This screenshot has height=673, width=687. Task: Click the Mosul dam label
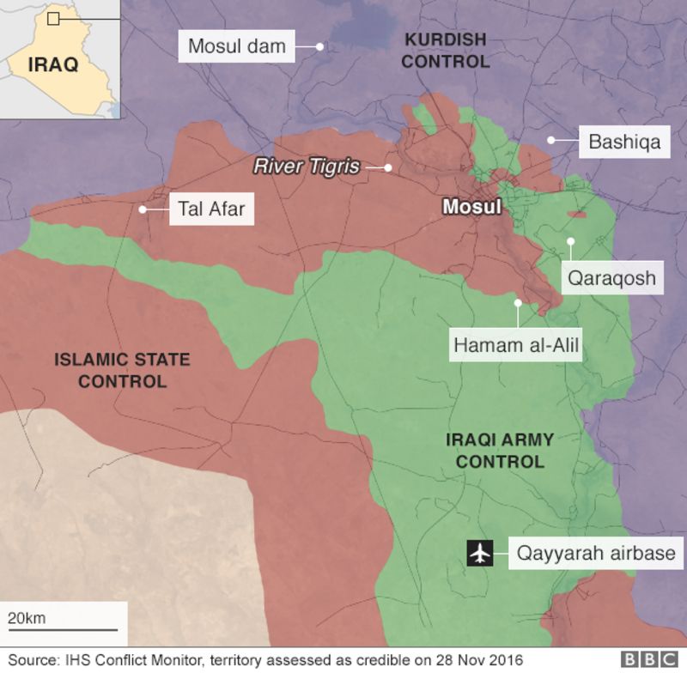pos(236,46)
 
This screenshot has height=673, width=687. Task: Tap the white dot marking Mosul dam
pos(319,46)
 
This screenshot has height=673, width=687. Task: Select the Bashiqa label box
pos(624,141)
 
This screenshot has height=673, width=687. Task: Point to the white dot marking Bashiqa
pos(550,140)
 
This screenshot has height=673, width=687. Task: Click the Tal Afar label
pos(211,209)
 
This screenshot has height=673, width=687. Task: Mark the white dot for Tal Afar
pos(143,209)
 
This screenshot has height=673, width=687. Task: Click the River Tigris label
pos(306,167)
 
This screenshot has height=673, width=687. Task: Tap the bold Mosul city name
pos(471,207)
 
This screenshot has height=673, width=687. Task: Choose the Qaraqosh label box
pos(611,278)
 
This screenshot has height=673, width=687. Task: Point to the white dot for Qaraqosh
pos(569,241)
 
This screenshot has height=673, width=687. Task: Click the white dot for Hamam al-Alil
pos(518,302)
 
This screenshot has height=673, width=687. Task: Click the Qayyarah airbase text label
pos(595,554)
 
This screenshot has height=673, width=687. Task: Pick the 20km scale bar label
pos(27,618)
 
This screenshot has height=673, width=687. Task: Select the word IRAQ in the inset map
pos(53,64)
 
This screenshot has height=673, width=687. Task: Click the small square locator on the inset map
pos(53,18)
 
